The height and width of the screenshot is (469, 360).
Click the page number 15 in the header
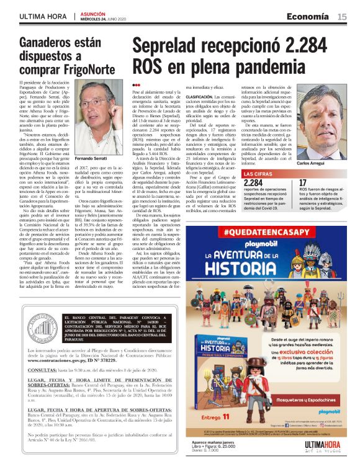coord(342,17)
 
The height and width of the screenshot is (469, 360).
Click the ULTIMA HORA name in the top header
coord(44,17)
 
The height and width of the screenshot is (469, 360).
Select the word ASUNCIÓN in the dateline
coord(88,14)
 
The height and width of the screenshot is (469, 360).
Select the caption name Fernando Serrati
coord(91,159)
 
